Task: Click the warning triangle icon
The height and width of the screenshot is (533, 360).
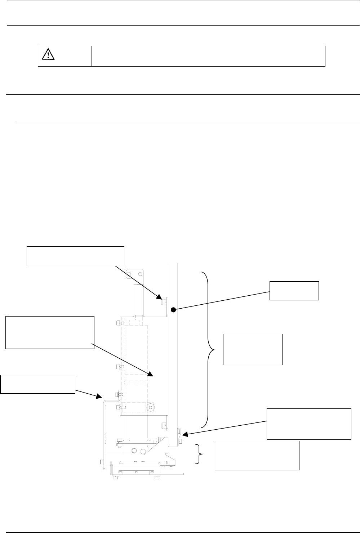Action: coord(47,54)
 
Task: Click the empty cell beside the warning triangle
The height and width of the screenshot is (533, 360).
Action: coord(208,56)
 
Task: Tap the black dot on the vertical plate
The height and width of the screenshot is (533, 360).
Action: coord(173,309)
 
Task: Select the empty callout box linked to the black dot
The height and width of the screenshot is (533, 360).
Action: coord(294,291)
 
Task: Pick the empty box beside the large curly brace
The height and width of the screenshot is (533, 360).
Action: coord(253,349)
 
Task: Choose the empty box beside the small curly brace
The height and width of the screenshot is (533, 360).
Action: coord(257,455)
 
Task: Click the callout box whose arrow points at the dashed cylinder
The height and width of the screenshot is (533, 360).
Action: coord(50,332)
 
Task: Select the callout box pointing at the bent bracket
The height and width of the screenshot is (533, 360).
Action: coord(38,384)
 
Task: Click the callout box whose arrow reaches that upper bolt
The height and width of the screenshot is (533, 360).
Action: coord(75,256)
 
